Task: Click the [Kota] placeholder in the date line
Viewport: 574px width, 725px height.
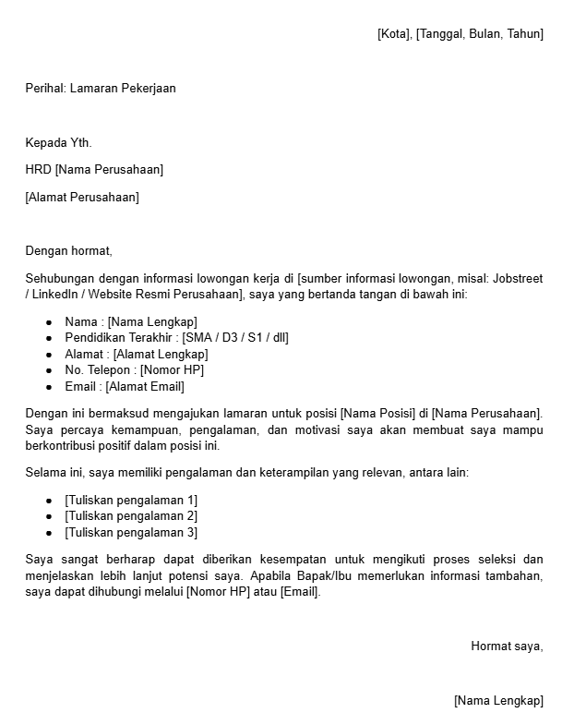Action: pos(394,34)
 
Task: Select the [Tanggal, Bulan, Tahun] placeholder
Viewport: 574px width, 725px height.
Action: pos(480,34)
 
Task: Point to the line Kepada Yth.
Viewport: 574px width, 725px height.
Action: pos(58,142)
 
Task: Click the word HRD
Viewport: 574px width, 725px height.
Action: pos(38,170)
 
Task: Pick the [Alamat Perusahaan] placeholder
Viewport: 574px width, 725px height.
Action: pos(82,197)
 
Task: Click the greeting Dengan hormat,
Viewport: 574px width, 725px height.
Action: pos(68,250)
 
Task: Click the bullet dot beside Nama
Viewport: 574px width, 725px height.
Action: pos(49,322)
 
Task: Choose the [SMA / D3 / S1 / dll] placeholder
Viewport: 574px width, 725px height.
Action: pos(235,338)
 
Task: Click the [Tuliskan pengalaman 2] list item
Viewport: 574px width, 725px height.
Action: pos(131,516)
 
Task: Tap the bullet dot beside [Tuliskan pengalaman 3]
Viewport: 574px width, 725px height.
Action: pos(49,533)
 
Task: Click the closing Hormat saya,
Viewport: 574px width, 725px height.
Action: pos(507,646)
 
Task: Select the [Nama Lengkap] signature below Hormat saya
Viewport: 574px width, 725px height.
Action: pos(498,701)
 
